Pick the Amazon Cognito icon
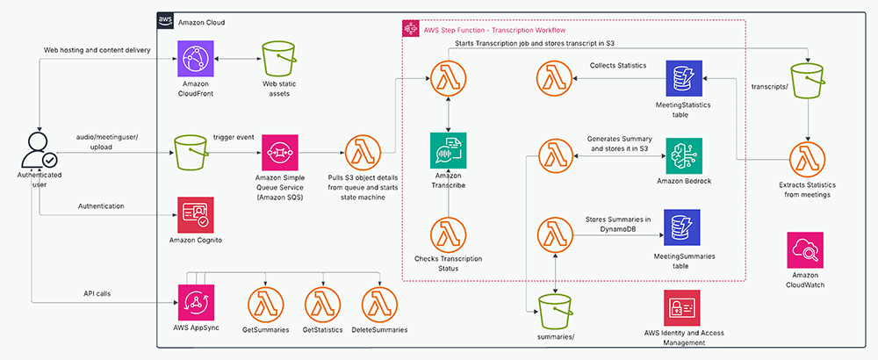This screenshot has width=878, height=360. coord(196,211)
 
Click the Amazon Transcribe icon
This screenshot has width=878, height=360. coord(448,150)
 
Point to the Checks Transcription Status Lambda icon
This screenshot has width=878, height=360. coord(448,234)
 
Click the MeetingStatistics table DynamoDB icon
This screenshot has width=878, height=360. coord(683,79)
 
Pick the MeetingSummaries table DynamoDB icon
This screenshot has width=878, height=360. coord(683,230)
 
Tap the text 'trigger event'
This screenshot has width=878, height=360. coord(234,139)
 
